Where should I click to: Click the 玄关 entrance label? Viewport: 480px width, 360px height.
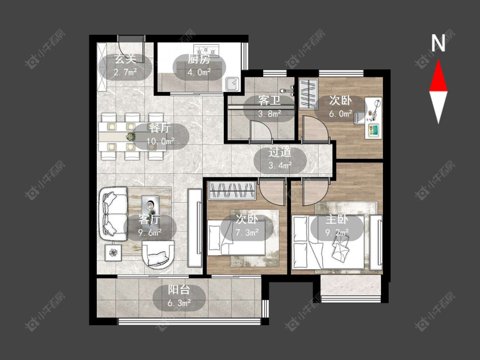(x=125, y=59)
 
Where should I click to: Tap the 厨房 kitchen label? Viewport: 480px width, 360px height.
(x=199, y=59)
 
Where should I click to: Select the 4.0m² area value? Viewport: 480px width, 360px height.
(x=199, y=72)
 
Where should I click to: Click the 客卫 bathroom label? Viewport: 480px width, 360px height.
(x=269, y=100)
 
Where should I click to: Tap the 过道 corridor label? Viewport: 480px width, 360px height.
(x=280, y=152)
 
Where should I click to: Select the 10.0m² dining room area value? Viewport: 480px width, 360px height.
(x=160, y=141)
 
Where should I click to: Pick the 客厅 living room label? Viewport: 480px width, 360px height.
(x=150, y=219)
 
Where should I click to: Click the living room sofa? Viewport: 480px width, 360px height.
(x=113, y=214)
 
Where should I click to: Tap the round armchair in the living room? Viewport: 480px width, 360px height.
(x=158, y=255)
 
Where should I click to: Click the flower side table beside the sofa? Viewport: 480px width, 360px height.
(x=113, y=253)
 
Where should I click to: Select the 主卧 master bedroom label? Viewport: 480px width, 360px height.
(x=337, y=219)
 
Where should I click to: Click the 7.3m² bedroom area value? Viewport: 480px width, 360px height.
(x=247, y=232)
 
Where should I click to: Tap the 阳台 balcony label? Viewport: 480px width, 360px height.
(x=179, y=290)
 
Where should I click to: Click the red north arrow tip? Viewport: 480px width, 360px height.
(x=438, y=60)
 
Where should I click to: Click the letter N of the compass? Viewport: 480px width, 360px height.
(x=438, y=43)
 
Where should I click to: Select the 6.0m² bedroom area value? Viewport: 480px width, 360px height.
(x=341, y=113)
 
